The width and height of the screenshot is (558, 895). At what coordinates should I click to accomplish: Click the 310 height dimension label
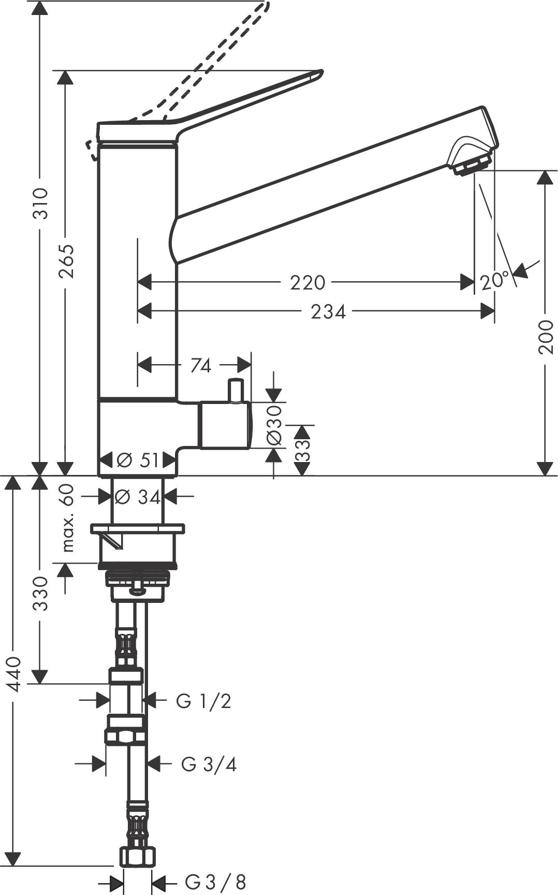pyautogui.click(x=40, y=203)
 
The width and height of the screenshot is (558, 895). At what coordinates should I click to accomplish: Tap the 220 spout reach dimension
pyautogui.click(x=307, y=283)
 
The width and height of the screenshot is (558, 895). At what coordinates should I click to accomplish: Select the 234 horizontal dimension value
pyautogui.click(x=328, y=312)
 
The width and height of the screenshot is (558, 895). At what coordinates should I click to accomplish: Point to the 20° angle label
pyautogui.click(x=494, y=281)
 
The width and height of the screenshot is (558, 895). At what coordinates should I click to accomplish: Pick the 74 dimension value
pyautogui.click(x=201, y=366)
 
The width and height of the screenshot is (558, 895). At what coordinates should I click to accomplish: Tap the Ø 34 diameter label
pyautogui.click(x=137, y=497)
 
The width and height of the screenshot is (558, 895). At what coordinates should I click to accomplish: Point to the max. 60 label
pyautogui.click(x=67, y=518)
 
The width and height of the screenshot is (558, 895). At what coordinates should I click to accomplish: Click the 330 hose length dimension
pyautogui.click(x=40, y=594)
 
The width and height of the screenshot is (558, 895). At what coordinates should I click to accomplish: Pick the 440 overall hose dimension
pyautogui.click(x=14, y=673)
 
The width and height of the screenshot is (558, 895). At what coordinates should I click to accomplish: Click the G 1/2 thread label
pyautogui.click(x=203, y=701)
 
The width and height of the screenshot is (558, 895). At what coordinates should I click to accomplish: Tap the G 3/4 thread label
pyautogui.click(x=209, y=764)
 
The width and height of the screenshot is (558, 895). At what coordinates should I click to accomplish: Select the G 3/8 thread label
pyautogui.click(x=215, y=882)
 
